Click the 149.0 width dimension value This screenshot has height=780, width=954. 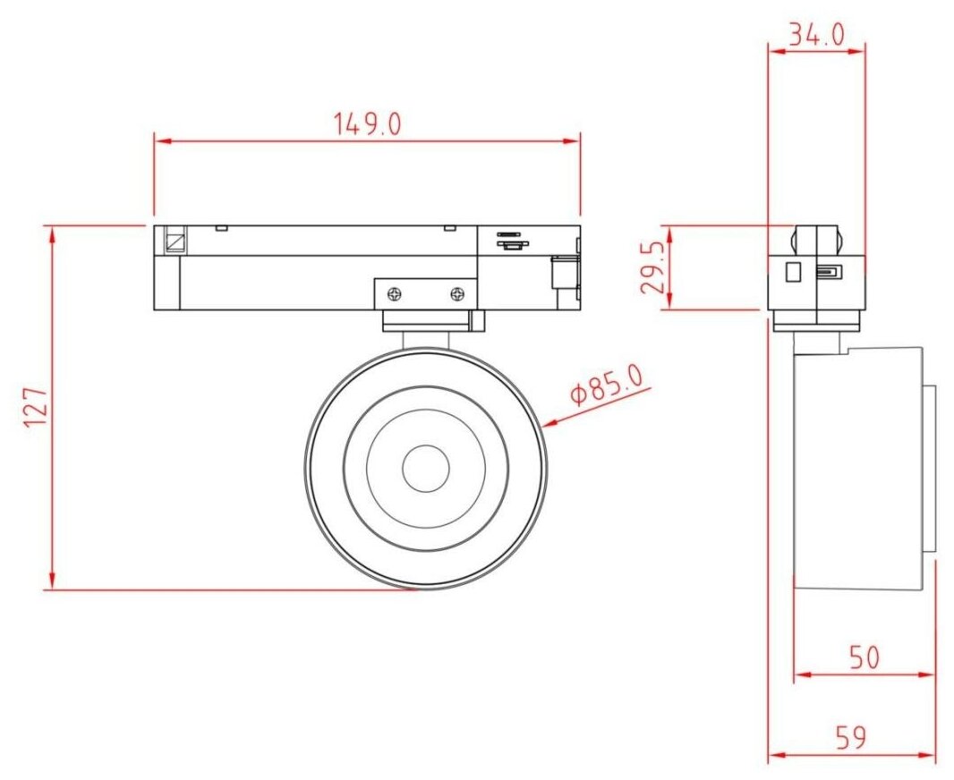[368, 124]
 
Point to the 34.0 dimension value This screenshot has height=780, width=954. [816, 35]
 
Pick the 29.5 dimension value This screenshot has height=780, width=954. [652, 267]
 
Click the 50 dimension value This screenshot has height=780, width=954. [865, 657]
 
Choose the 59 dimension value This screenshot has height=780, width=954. [850, 737]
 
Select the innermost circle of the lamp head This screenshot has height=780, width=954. [426, 445]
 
